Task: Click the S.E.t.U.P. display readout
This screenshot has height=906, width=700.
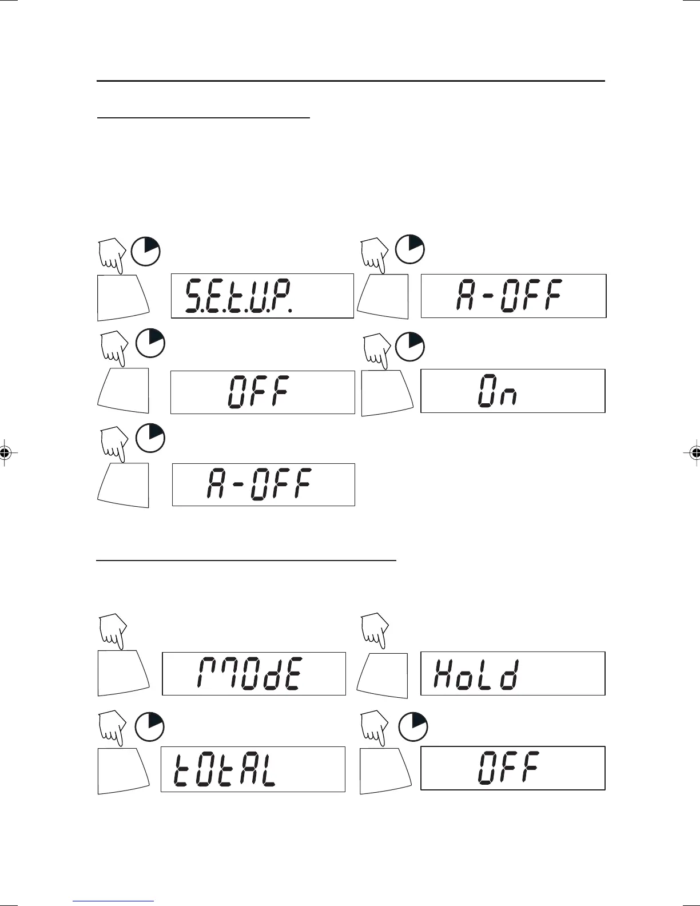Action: click(262, 296)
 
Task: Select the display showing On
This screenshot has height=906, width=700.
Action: click(512, 391)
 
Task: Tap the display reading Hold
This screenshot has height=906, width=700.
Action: click(512, 673)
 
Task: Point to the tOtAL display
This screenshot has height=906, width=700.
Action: click(253, 769)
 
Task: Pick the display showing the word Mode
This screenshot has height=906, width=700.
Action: click(254, 673)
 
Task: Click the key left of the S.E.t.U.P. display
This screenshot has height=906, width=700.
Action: click(123, 297)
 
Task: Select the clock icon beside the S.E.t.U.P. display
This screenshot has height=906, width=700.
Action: click(146, 251)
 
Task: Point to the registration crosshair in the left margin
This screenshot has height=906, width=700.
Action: click(5, 453)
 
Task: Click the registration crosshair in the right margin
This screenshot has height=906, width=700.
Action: click(695, 453)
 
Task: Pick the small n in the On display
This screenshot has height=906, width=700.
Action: click(508, 396)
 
